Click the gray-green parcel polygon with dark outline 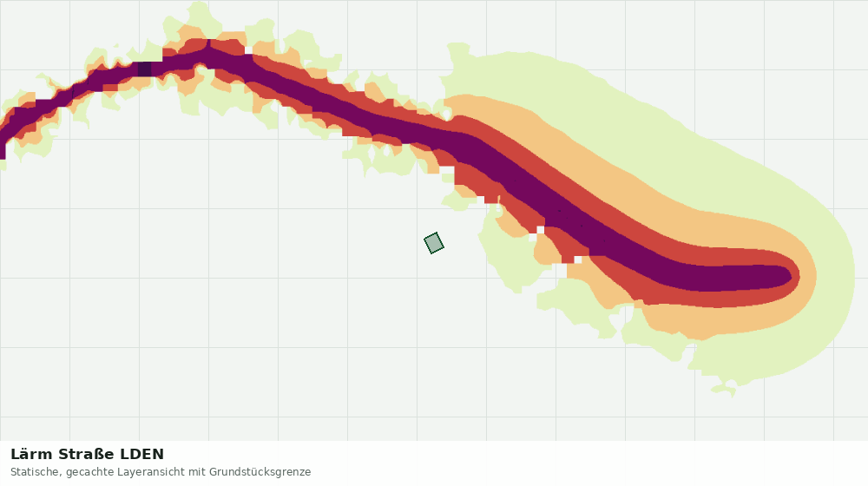(x=434, y=243)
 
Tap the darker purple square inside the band (x=144, y=69)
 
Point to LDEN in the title (x=142, y=455)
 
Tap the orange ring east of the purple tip (x=808, y=276)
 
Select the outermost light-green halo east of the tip (x=836, y=276)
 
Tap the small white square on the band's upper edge (x=248, y=50)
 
